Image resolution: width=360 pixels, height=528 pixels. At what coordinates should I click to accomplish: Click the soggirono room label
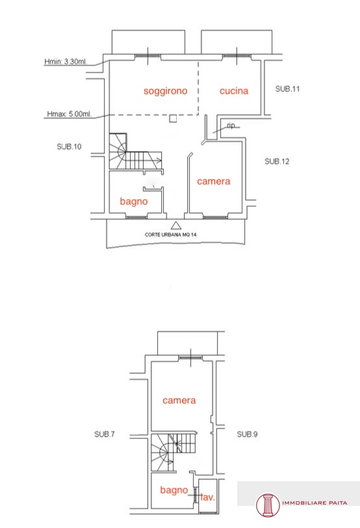[165, 91]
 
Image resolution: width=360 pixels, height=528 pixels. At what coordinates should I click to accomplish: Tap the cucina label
[234, 90]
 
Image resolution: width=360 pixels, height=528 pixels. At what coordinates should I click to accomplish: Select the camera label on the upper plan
[214, 181]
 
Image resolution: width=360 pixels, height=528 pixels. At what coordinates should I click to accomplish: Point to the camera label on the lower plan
[179, 401]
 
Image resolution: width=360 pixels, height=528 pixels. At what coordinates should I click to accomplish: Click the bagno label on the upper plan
[134, 202]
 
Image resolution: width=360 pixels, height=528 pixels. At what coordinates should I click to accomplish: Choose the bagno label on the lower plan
[174, 490]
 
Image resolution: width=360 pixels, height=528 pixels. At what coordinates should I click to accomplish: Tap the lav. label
[207, 497]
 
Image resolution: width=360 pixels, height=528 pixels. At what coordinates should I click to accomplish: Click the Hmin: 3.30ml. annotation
[66, 62]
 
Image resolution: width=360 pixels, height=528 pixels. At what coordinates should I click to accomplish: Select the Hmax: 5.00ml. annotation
[69, 114]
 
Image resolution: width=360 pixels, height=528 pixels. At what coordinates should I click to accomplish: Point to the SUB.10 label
[69, 146]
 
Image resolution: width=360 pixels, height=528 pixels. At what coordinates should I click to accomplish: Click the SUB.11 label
[287, 89]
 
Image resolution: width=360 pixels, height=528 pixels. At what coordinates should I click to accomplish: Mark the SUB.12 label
[277, 161]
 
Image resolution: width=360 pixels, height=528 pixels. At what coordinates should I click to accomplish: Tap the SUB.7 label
[105, 434]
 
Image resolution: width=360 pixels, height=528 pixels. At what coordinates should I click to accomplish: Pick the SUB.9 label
[247, 434]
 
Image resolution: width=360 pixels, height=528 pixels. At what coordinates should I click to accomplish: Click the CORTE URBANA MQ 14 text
[171, 235]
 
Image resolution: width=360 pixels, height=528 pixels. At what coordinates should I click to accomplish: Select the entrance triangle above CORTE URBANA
[176, 225]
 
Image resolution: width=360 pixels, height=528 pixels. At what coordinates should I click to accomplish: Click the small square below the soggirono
[173, 118]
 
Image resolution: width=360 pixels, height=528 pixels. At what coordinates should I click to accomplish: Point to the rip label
[231, 125]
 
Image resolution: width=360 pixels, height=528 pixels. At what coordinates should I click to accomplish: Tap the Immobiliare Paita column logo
[268, 505]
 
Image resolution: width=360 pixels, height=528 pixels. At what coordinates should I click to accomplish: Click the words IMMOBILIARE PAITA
[315, 503]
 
